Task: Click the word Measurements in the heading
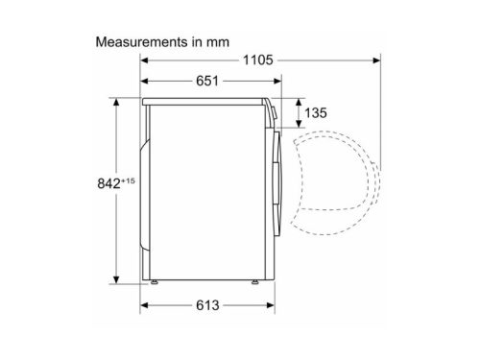point(136,43)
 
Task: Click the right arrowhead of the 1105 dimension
point(376,60)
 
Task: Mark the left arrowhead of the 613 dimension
point(147,306)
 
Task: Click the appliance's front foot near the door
point(256,282)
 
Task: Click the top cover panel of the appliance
point(206,98)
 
